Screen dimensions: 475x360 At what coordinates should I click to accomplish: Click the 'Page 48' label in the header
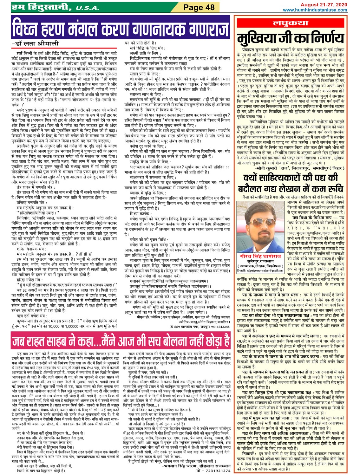pyautogui.click(x=199, y=7)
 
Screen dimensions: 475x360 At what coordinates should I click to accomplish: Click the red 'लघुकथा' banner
pyautogui.click(x=291, y=23)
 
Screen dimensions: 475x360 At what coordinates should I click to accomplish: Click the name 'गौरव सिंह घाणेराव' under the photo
pyautogui.click(x=260, y=256)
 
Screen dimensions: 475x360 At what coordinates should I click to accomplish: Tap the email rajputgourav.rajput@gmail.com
pyautogui.click(x=260, y=270)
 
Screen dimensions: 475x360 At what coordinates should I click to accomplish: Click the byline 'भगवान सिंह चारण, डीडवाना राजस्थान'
pyautogui.click(x=196, y=466)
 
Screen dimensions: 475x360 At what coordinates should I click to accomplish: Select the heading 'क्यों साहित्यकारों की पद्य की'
pyautogui.click(x=290, y=178)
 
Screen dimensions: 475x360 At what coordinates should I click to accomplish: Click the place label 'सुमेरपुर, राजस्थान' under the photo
pyautogui.click(x=260, y=261)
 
